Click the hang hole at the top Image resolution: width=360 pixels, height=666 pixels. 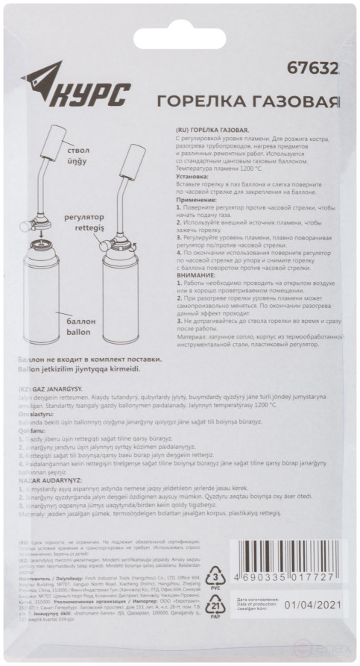tap(180, 25)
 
